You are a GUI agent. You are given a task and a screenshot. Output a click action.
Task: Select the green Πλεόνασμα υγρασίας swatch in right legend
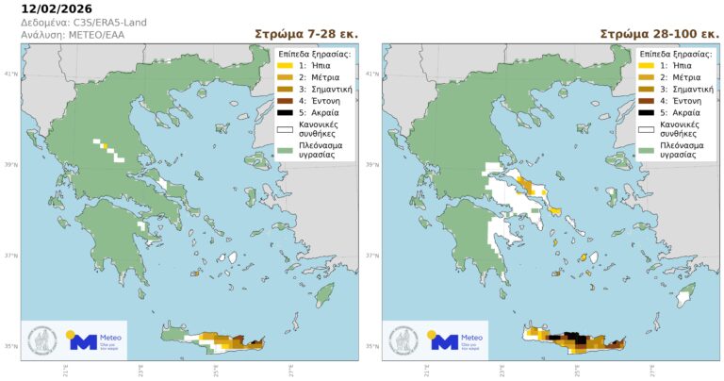[646, 149]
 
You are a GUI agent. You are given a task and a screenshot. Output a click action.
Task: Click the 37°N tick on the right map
[372, 256]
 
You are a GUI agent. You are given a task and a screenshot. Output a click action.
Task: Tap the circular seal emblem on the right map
[404, 339]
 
